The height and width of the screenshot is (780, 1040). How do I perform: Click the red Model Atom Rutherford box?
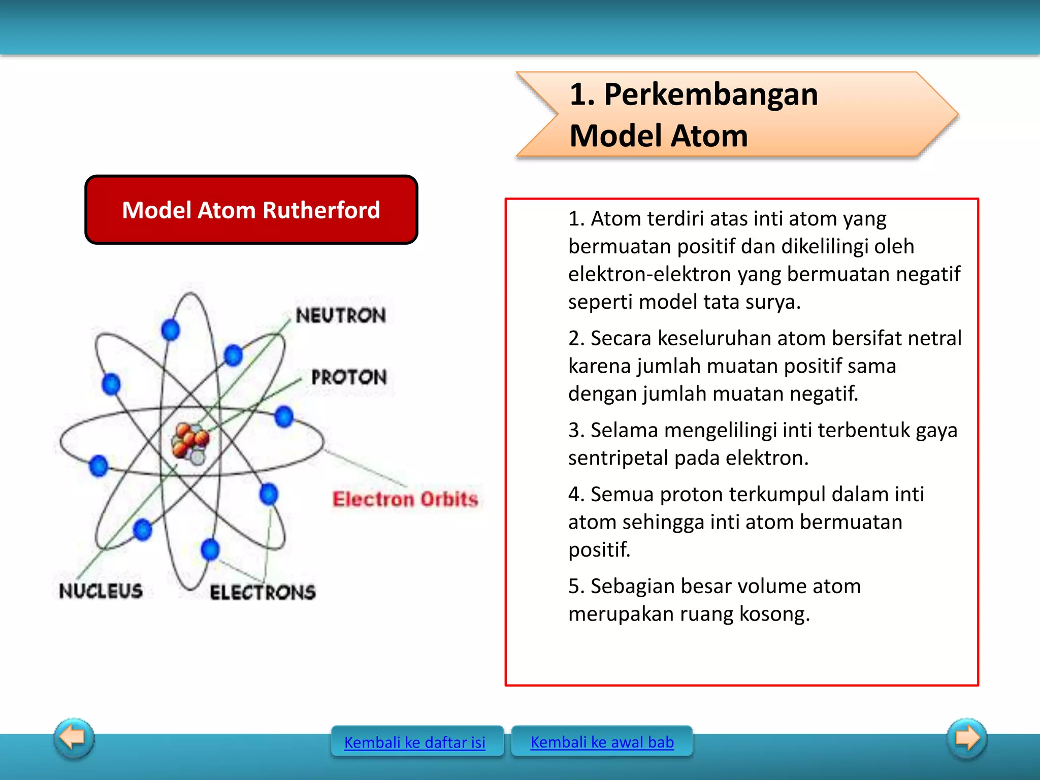[251, 210]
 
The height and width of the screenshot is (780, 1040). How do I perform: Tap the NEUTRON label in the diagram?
[341, 315]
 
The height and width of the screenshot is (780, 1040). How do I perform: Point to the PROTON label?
[349, 377]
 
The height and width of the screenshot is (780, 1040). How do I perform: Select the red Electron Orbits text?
[405, 499]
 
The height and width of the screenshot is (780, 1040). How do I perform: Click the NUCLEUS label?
[101, 591]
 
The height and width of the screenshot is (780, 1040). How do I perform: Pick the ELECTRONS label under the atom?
[263, 592]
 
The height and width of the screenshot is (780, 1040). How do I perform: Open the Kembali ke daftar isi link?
[414, 742]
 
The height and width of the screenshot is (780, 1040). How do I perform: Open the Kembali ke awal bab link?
[602, 742]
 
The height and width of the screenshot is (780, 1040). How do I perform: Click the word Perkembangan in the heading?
[711, 94]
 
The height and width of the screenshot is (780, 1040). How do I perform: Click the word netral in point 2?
[934, 338]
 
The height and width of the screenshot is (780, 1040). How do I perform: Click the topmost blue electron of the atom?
[171, 330]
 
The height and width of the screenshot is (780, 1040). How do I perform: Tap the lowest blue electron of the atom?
[210, 549]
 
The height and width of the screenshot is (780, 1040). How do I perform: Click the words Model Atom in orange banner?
[659, 136]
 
